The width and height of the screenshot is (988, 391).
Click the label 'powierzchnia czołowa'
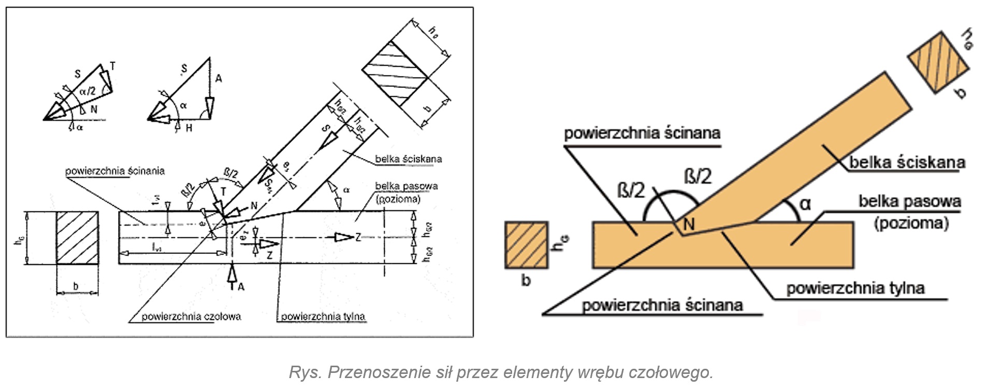pos(191,316)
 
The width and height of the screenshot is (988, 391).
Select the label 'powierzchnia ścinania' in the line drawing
pos(115,171)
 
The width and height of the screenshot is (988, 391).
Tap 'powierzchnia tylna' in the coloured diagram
pos(855,288)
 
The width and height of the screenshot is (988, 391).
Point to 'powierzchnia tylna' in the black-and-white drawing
pos(323,316)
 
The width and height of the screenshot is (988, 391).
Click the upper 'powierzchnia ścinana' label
pos(642,133)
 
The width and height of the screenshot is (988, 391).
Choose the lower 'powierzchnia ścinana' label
pos(662,305)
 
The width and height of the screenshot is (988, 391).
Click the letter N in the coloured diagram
pos(689,224)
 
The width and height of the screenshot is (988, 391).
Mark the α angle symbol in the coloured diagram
pos(805,204)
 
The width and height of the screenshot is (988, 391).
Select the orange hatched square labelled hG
pos(526,245)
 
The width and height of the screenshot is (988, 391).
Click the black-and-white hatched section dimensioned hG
pos(77,237)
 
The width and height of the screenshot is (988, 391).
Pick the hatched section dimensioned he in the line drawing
pos(395,73)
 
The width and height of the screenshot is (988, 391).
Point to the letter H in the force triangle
pos(188,127)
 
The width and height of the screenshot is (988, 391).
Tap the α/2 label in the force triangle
pos(88,92)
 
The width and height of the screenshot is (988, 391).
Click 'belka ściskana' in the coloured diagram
pos(907,162)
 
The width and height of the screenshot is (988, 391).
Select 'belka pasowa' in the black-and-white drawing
pos(406,186)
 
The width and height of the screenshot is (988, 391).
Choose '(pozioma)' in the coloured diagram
pos(911,223)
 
